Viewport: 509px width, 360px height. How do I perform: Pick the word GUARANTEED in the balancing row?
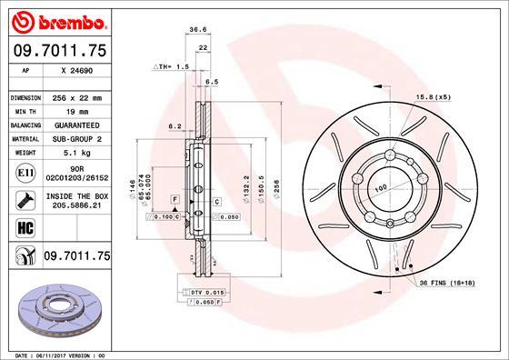point(76,125)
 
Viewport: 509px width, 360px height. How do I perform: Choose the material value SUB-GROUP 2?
point(76,138)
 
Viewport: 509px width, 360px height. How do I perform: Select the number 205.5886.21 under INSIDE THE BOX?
point(76,206)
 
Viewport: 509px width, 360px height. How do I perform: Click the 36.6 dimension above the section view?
point(195,30)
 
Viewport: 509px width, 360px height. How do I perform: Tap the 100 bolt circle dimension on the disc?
point(380,186)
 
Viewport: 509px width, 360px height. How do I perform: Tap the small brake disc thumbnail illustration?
point(55,306)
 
